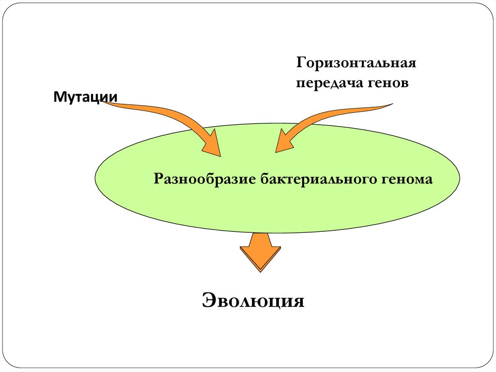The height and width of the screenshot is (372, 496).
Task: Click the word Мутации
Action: coord(85,97)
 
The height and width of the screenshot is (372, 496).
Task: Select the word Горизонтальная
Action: coord(357,64)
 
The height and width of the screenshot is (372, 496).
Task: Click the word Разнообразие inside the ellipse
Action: coord(204,179)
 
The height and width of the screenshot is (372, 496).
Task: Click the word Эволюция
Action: coord(253,300)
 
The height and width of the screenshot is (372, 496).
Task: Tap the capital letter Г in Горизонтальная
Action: coord(301,64)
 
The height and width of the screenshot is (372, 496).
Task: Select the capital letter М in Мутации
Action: coord(58,97)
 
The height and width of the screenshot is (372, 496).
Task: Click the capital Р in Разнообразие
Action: coord(158,179)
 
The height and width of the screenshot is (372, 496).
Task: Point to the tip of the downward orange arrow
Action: coord(261,269)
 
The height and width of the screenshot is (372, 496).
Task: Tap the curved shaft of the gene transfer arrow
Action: coord(334,115)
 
